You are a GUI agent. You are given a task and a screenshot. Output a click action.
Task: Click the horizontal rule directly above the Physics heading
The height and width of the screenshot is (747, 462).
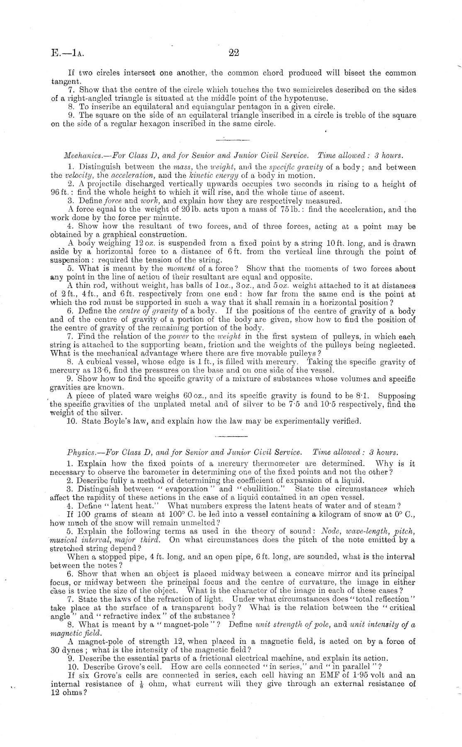click(231, 436)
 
